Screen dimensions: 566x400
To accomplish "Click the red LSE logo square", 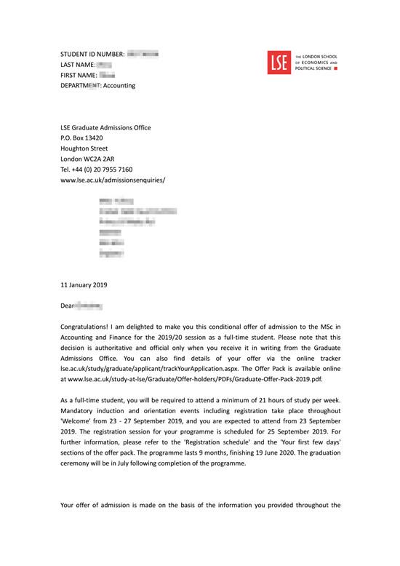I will click(x=279, y=63).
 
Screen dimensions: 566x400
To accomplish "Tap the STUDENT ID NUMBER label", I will click(x=92, y=55).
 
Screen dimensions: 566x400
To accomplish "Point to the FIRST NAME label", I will click(x=78, y=75).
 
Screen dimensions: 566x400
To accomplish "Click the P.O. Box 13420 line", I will click(x=81, y=137).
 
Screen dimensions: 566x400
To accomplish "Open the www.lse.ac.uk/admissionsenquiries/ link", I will click(x=113, y=179).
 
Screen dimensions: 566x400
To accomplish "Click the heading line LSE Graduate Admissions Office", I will click(x=105, y=127).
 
